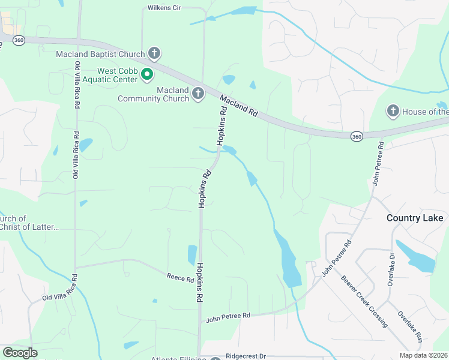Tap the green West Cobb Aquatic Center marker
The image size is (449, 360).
coord(147,75)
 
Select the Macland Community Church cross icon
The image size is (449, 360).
coord(198,94)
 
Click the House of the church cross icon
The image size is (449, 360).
coord(393,111)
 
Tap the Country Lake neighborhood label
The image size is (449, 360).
coord(415,218)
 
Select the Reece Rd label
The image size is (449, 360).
coord(180,277)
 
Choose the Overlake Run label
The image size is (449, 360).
coord(411,326)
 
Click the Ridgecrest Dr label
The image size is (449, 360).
coord(246,356)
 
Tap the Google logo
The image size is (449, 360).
coord(20,352)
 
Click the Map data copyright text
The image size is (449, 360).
coord(424,355)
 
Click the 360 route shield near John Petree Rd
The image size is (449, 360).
coord(357,137)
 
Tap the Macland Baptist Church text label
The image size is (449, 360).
coord(100,54)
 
